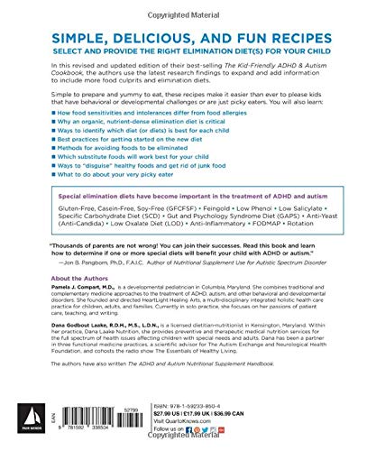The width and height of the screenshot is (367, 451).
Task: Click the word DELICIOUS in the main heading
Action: [146, 33]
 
